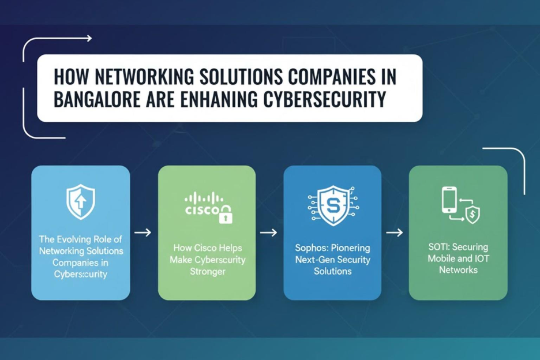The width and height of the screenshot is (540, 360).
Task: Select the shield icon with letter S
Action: [x=332, y=205]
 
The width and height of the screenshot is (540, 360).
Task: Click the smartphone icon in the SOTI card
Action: [x=450, y=200]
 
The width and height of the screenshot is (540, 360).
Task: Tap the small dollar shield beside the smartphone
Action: [x=472, y=215]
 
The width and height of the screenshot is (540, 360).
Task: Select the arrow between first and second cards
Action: [x=143, y=232]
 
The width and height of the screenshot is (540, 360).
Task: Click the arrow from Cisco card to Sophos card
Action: [x=268, y=232]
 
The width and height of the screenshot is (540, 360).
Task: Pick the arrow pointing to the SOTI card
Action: [x=394, y=232]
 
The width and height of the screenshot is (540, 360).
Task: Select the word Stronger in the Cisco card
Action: [x=207, y=271]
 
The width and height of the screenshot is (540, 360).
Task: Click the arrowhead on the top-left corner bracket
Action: [x=89, y=39]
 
